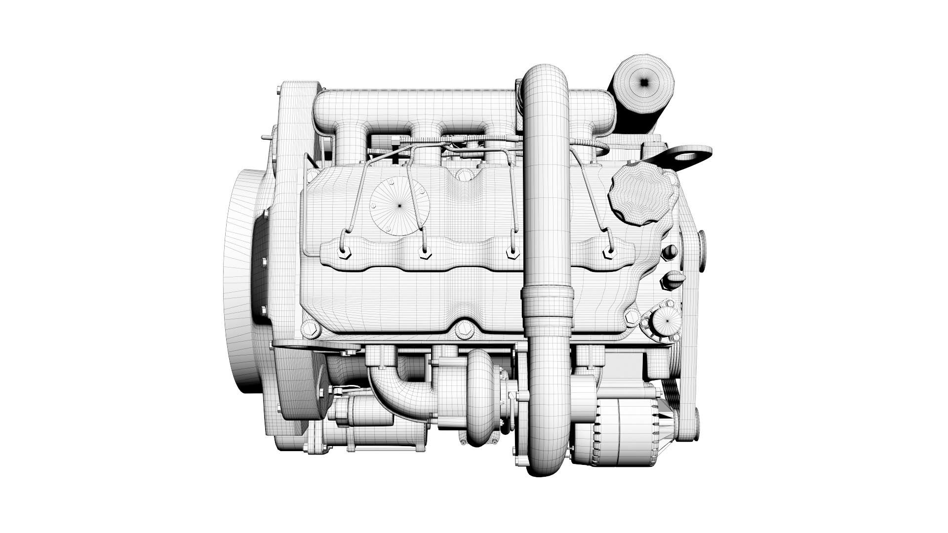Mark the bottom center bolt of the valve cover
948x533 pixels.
[x=462, y=329]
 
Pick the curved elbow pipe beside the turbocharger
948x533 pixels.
[x=395, y=395]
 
